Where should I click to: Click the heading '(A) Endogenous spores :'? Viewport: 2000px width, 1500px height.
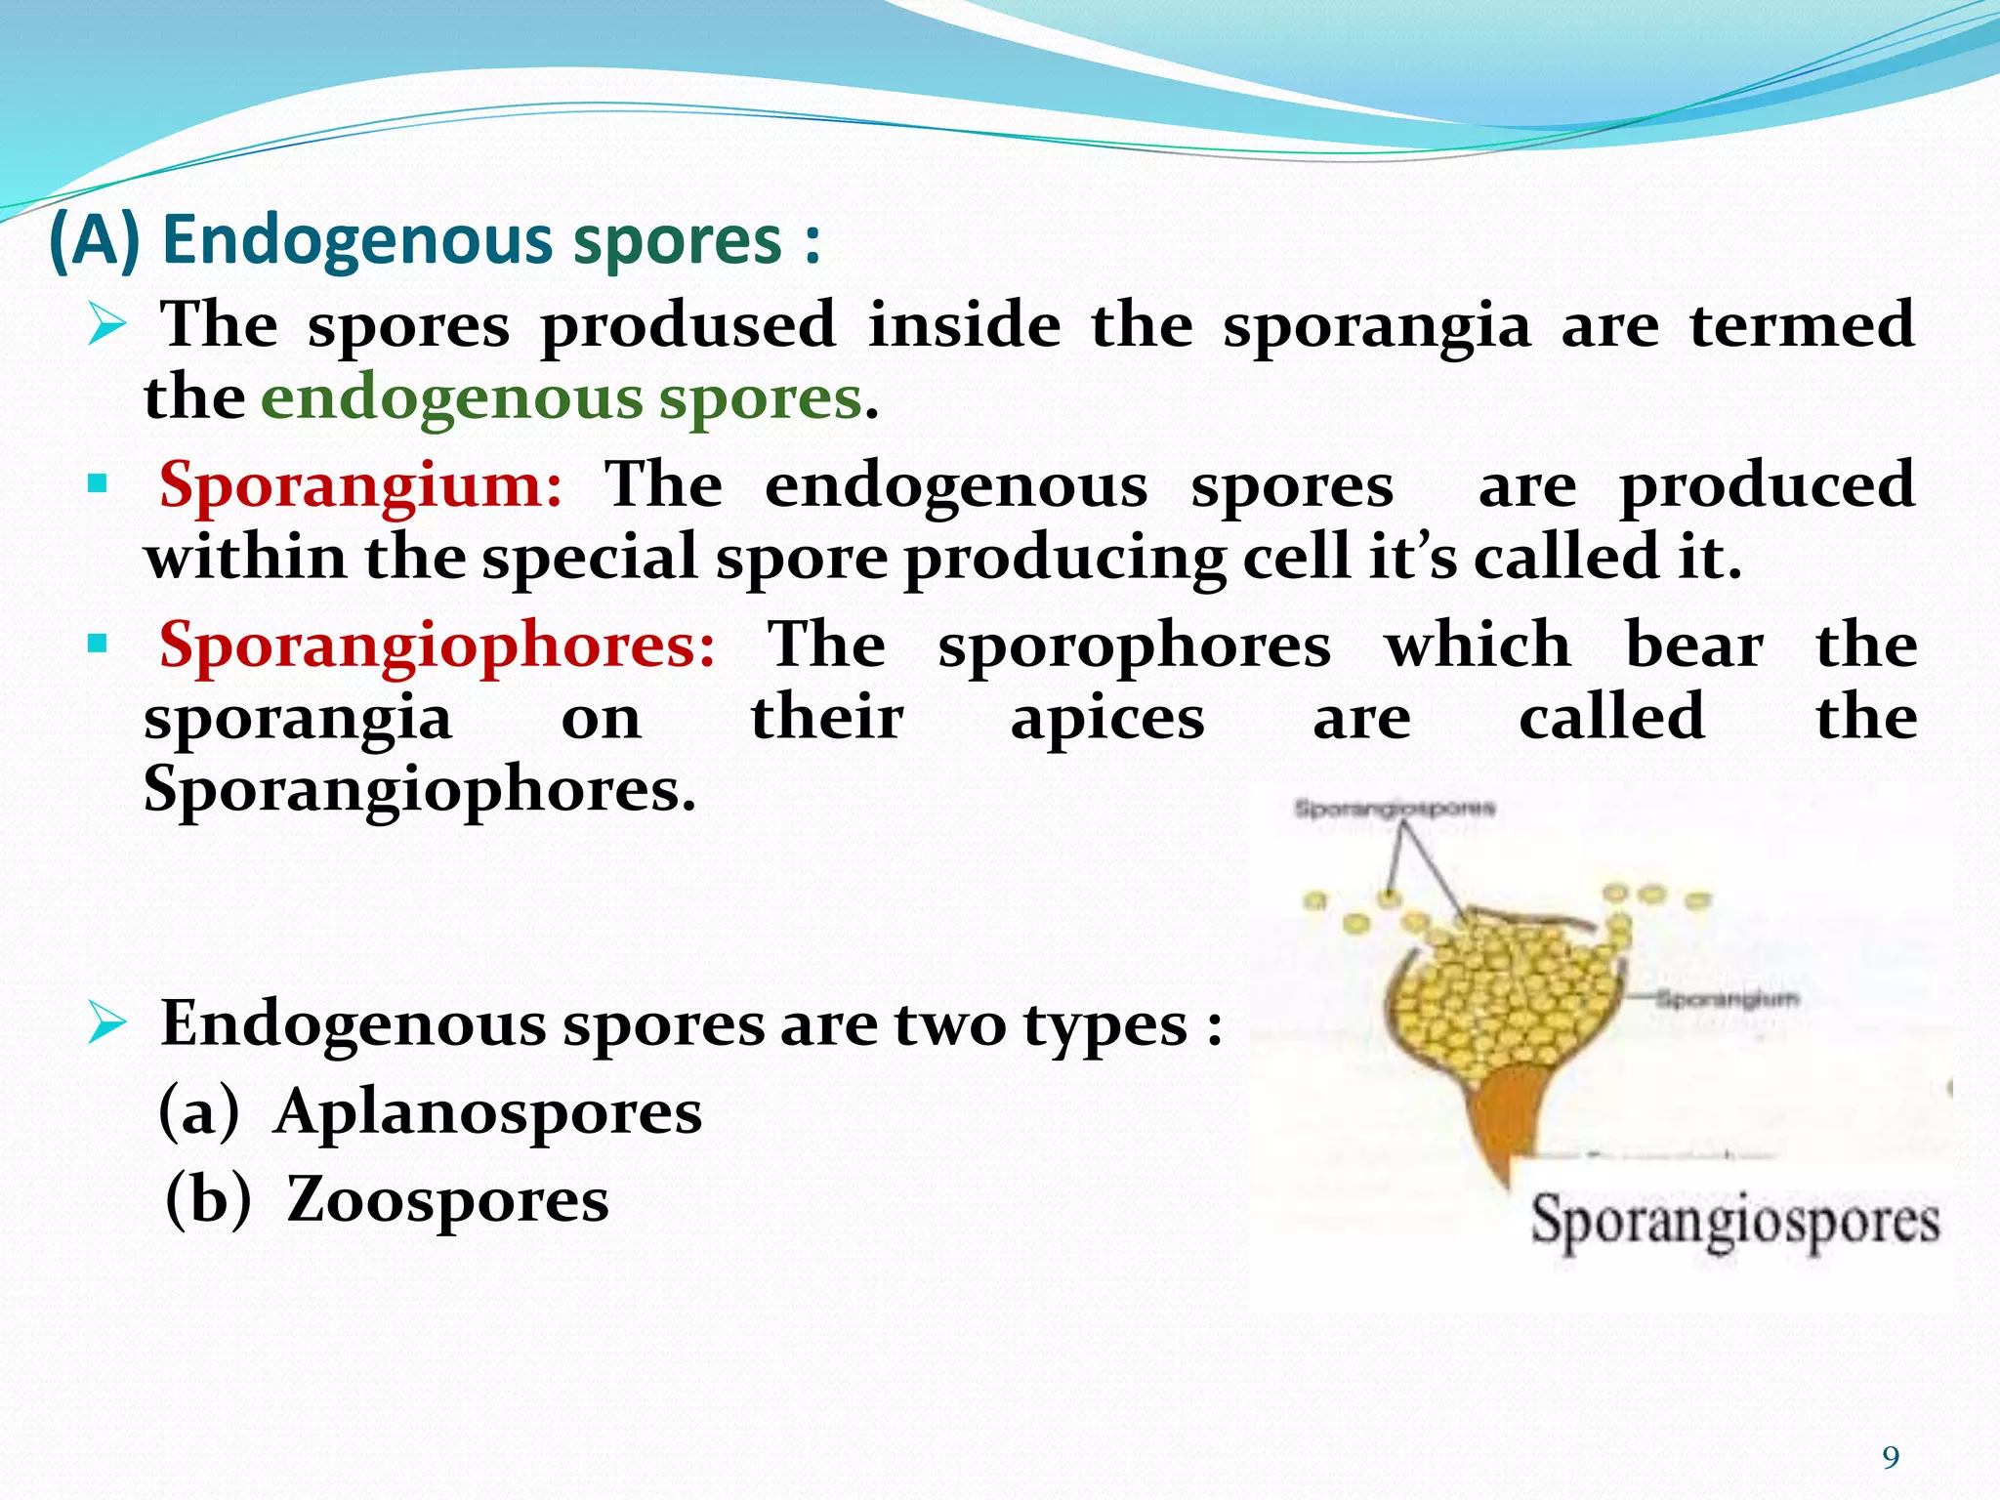[435, 240]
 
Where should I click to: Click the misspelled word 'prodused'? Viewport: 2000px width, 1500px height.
[687, 326]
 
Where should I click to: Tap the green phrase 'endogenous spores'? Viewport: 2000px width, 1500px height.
[562, 398]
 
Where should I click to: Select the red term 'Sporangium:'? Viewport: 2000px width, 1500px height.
[360, 484]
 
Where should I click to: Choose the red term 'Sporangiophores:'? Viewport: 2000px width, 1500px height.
[437, 646]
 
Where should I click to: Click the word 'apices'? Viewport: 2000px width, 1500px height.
[1107, 719]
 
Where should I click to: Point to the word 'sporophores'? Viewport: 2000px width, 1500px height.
[1134, 646]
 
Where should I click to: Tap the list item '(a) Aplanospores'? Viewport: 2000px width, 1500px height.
[430, 1111]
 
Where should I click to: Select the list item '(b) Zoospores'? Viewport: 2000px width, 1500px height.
[388, 1199]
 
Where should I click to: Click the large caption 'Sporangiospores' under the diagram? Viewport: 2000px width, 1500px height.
[1733, 1221]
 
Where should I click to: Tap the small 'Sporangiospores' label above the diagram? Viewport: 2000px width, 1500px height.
[1394, 808]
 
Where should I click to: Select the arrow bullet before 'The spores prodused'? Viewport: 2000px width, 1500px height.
[106, 324]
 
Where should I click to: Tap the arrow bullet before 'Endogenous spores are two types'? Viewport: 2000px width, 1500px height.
[106, 1023]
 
